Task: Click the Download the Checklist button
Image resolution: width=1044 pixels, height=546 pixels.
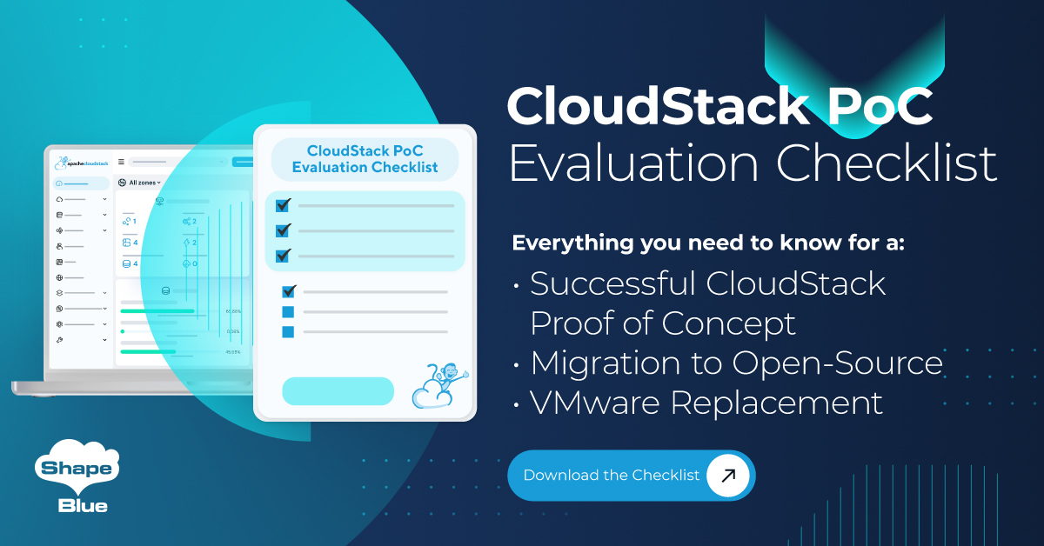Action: (611, 476)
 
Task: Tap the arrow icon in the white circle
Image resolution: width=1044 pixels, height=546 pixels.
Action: (728, 476)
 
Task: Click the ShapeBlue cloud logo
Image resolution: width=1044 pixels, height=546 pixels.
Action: (76, 478)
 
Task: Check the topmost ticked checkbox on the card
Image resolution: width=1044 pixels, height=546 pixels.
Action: (283, 205)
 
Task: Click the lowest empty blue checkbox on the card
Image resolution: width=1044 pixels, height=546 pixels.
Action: (288, 331)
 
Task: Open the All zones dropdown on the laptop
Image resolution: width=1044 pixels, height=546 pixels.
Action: (140, 183)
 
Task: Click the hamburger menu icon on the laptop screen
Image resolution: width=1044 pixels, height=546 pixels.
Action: (121, 162)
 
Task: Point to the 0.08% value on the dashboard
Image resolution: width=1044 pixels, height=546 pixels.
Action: (232, 331)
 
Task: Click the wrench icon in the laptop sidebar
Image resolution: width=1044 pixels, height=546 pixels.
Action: (59, 339)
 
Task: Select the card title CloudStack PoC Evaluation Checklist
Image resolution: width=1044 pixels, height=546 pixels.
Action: (365, 158)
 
